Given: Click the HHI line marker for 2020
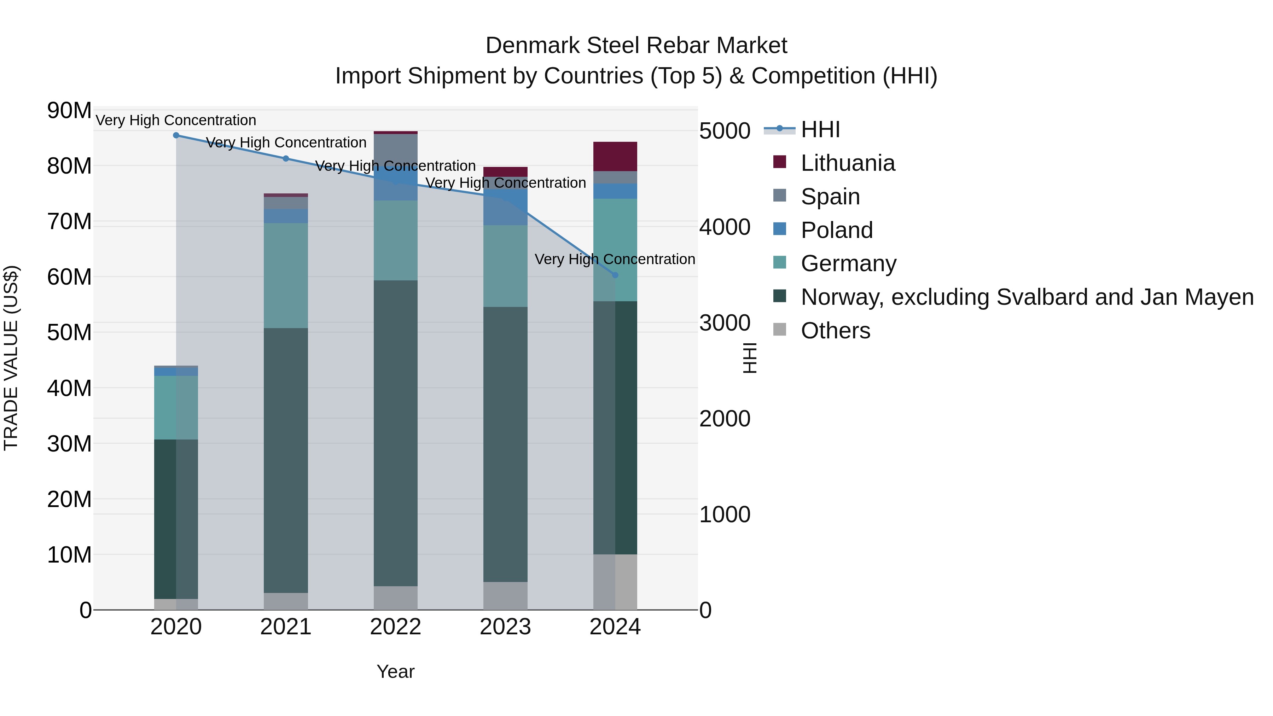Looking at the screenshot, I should [176, 135].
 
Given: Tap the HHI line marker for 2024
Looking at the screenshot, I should [615, 275].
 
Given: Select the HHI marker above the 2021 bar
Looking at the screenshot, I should [286, 159].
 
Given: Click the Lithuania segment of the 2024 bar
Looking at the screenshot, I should [615, 157].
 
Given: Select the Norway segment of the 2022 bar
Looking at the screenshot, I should [395, 433].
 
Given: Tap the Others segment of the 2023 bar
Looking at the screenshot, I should [505, 595].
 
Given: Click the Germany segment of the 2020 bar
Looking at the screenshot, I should [176, 407].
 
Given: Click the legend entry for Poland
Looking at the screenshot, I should [836, 230].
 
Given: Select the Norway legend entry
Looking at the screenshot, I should [1027, 297].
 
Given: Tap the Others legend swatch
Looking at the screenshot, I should [779, 330].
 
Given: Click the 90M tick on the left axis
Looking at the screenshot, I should [69, 110].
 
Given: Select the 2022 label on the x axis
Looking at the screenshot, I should [395, 627].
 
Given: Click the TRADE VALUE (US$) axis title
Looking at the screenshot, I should [11, 358].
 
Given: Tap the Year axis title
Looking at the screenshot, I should [395, 671].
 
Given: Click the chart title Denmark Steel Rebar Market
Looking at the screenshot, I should [636, 46].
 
